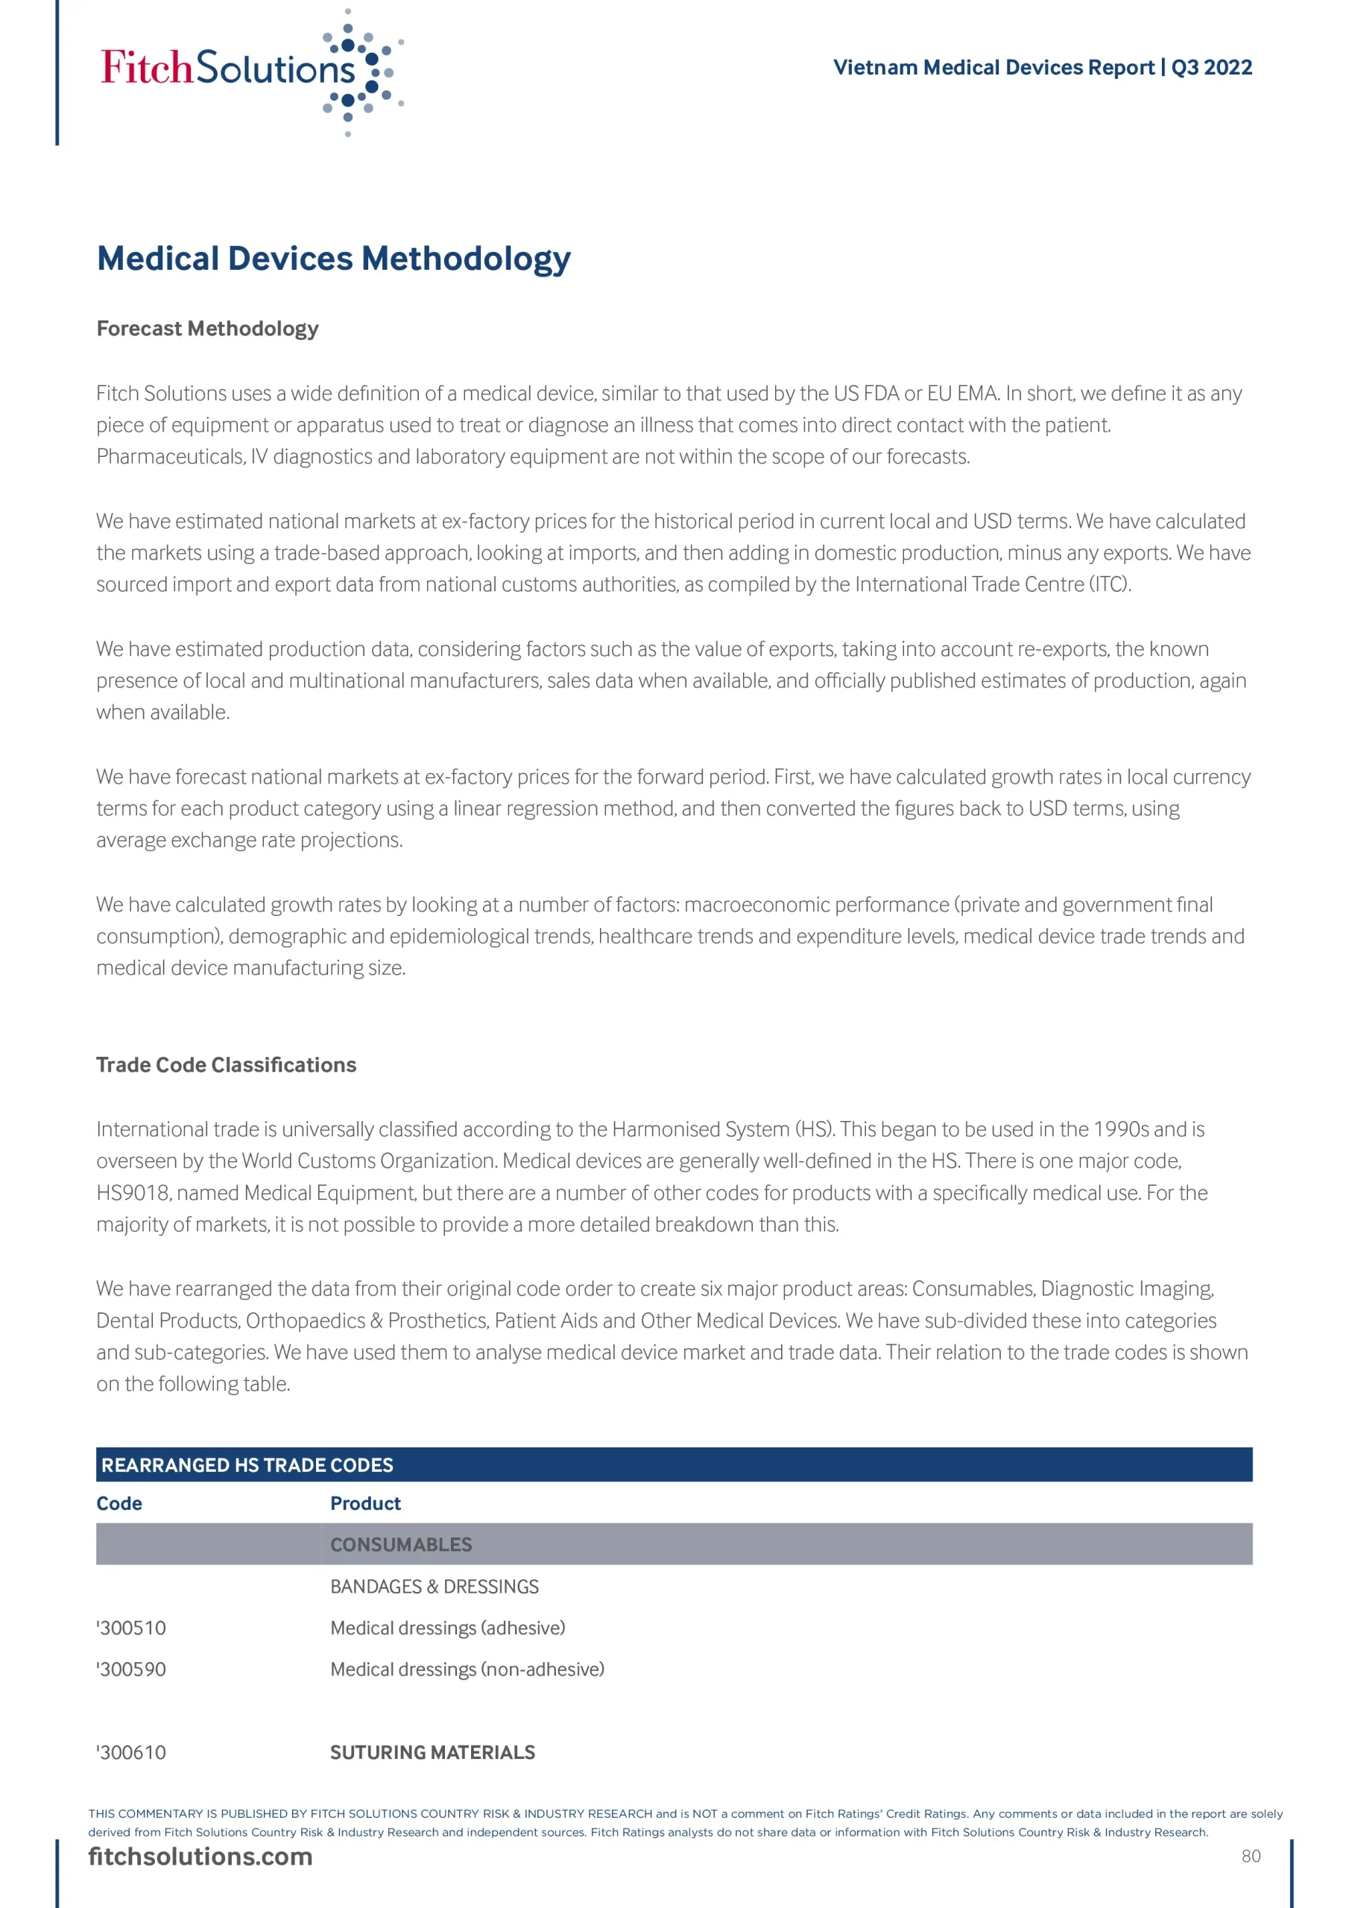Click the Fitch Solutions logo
(250, 71)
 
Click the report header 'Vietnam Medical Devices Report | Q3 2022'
(1042, 67)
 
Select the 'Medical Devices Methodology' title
(333, 259)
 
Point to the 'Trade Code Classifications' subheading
(226, 1064)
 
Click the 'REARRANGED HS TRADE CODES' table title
(247, 1465)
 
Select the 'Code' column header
(119, 1503)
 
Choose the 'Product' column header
(365, 1503)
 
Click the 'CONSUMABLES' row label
(401, 1545)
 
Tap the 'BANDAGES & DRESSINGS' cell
(434, 1587)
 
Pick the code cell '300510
(131, 1628)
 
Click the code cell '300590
(131, 1669)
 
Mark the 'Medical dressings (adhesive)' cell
(447, 1628)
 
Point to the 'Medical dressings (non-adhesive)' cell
(467, 1669)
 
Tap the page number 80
(1251, 1857)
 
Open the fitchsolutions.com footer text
(200, 1857)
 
